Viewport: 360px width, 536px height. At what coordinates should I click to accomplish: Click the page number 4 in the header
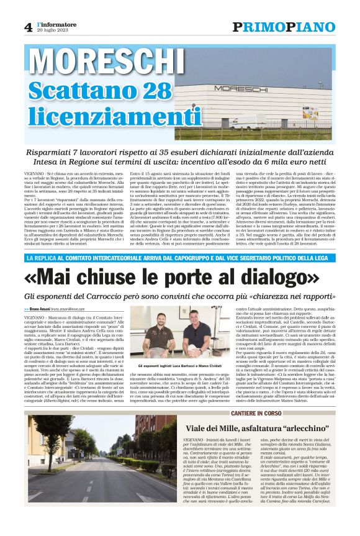pos(29,27)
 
